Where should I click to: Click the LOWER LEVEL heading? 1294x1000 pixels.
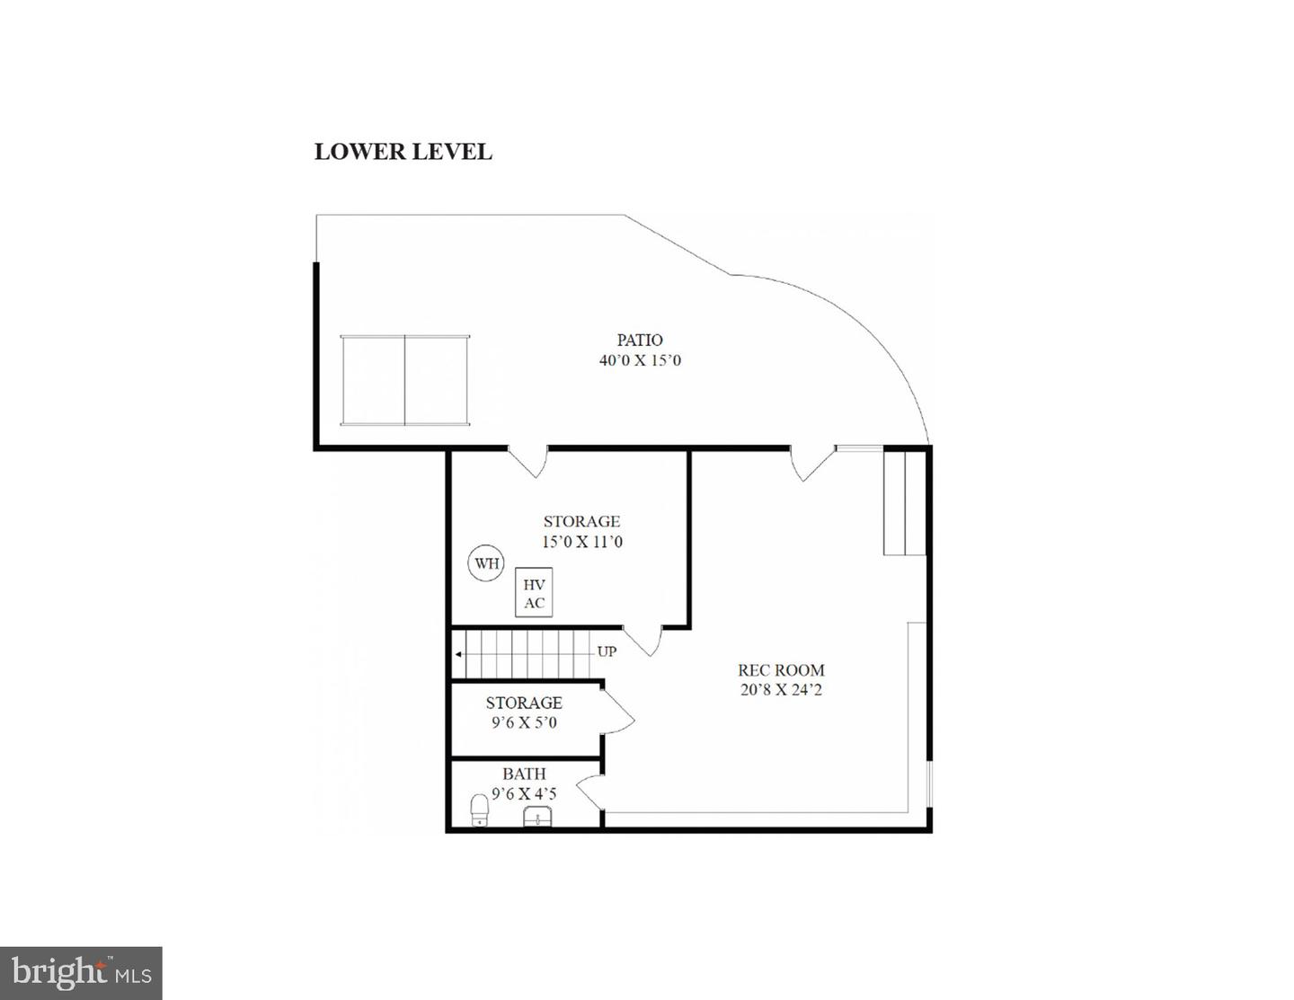point(403,151)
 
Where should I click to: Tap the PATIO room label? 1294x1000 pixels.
point(639,340)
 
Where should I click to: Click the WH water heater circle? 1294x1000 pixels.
point(486,563)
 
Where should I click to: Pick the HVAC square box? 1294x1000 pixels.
point(534,593)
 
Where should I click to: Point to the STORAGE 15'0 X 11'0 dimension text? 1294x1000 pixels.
point(581,542)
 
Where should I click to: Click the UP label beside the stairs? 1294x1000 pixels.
point(607,651)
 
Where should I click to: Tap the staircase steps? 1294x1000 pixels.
point(526,652)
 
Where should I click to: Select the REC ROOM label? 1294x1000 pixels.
point(780,669)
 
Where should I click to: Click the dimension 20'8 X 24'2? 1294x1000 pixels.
point(780,690)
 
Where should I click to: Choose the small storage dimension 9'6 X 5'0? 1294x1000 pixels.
point(524,722)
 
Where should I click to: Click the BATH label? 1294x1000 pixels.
point(524,774)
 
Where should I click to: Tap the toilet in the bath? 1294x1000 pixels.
point(480,811)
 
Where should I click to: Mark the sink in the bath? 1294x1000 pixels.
point(537,816)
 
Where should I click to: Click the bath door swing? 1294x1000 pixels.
point(589,791)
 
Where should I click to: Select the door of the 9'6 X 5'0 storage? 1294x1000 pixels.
point(618,712)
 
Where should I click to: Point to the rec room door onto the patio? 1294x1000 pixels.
point(811,462)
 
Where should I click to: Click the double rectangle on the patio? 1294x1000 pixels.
point(404,379)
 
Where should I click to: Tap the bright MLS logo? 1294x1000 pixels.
point(81,973)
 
